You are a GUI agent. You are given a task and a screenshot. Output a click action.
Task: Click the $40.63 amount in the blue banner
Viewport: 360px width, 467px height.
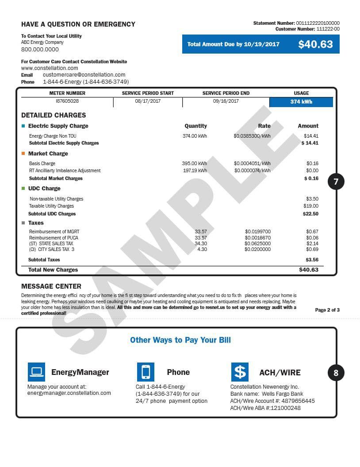pos(315,44)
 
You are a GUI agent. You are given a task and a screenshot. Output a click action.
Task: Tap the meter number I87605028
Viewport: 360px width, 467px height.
pos(67,101)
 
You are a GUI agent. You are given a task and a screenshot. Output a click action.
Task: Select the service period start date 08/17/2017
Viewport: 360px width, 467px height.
pos(148,101)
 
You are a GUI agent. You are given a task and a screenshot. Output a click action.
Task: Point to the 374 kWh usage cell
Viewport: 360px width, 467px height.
pos(301,102)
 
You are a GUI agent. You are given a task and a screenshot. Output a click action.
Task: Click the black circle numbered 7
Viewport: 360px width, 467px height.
pos(336,181)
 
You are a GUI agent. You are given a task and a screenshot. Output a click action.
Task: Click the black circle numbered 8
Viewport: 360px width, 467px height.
pos(336,373)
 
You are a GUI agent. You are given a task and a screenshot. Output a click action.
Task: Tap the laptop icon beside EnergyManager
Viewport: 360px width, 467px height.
pos(36,372)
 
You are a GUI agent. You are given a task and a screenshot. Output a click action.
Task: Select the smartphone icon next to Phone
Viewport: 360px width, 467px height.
pos(146,372)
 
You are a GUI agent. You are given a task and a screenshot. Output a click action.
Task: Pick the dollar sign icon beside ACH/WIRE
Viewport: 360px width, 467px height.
pos(240,372)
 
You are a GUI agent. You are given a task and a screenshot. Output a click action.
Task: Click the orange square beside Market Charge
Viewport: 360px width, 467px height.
pos(23,154)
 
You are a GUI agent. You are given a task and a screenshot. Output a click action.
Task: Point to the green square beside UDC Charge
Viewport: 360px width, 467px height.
pos(23,189)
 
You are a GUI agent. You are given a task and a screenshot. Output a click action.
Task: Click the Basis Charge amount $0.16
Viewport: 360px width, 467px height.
pos(312,164)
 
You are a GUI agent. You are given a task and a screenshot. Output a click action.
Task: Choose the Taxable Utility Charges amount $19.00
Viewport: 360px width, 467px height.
pos(311,206)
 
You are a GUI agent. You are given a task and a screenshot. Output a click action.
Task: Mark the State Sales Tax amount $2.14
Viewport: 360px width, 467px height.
pos(312,244)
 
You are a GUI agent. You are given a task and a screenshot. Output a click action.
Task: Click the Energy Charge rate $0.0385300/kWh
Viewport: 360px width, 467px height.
pos(252,136)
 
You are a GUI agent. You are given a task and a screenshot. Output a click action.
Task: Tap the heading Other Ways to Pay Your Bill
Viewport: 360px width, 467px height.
pos(180,340)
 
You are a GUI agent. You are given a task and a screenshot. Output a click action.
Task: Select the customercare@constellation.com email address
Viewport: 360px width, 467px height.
pos(84,75)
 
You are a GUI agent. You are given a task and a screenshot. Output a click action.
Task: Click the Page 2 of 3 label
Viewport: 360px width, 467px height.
pos(327,310)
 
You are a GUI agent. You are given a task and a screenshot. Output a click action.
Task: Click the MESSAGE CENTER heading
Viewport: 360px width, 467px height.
pos(51,286)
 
